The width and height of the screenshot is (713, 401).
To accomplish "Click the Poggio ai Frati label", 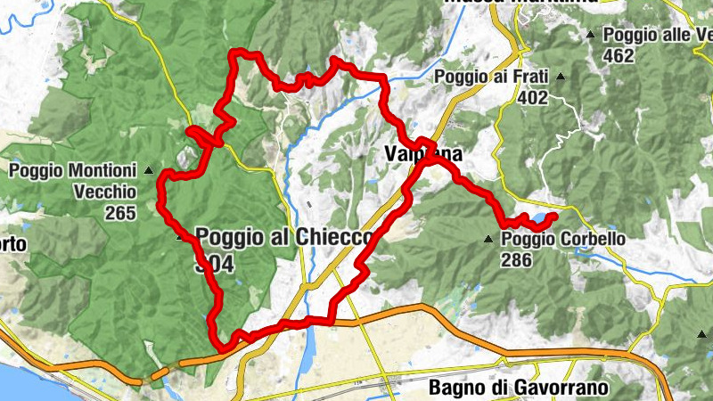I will point(490,78).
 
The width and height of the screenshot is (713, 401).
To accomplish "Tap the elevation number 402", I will point(532,97).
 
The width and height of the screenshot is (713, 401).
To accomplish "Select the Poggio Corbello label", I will point(562,240).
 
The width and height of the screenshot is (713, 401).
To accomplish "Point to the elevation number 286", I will point(516,260).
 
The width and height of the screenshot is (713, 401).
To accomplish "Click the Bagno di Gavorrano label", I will point(518,388).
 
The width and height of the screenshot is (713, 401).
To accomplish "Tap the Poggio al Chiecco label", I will point(283,237).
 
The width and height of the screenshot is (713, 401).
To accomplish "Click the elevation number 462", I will point(618,55).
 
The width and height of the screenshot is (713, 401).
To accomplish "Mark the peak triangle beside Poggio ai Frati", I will point(561,78).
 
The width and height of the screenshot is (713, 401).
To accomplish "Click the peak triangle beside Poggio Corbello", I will point(488,240).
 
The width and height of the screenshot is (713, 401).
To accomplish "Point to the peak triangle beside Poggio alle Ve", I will point(591,36).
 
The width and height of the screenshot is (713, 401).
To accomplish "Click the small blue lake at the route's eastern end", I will point(540,218).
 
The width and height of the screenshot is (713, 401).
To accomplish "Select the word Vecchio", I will point(104,191).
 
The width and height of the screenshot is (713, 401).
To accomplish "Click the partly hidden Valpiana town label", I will point(422,154).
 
